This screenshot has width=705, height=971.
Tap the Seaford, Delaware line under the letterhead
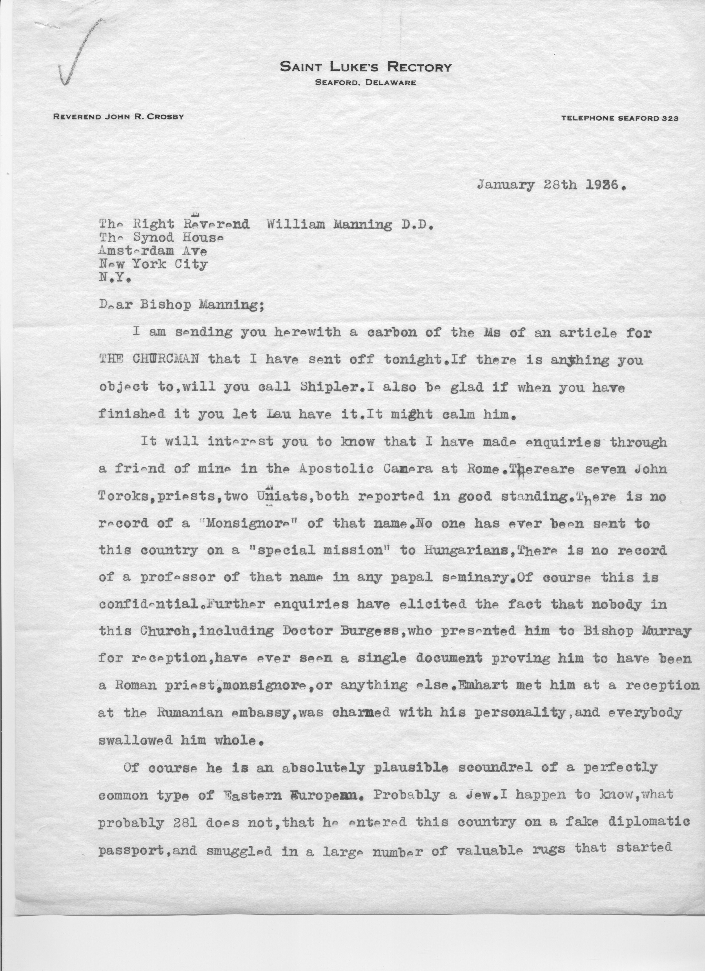click(365, 83)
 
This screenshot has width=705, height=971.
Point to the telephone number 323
click(670, 119)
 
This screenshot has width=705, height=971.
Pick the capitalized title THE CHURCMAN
click(149, 360)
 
